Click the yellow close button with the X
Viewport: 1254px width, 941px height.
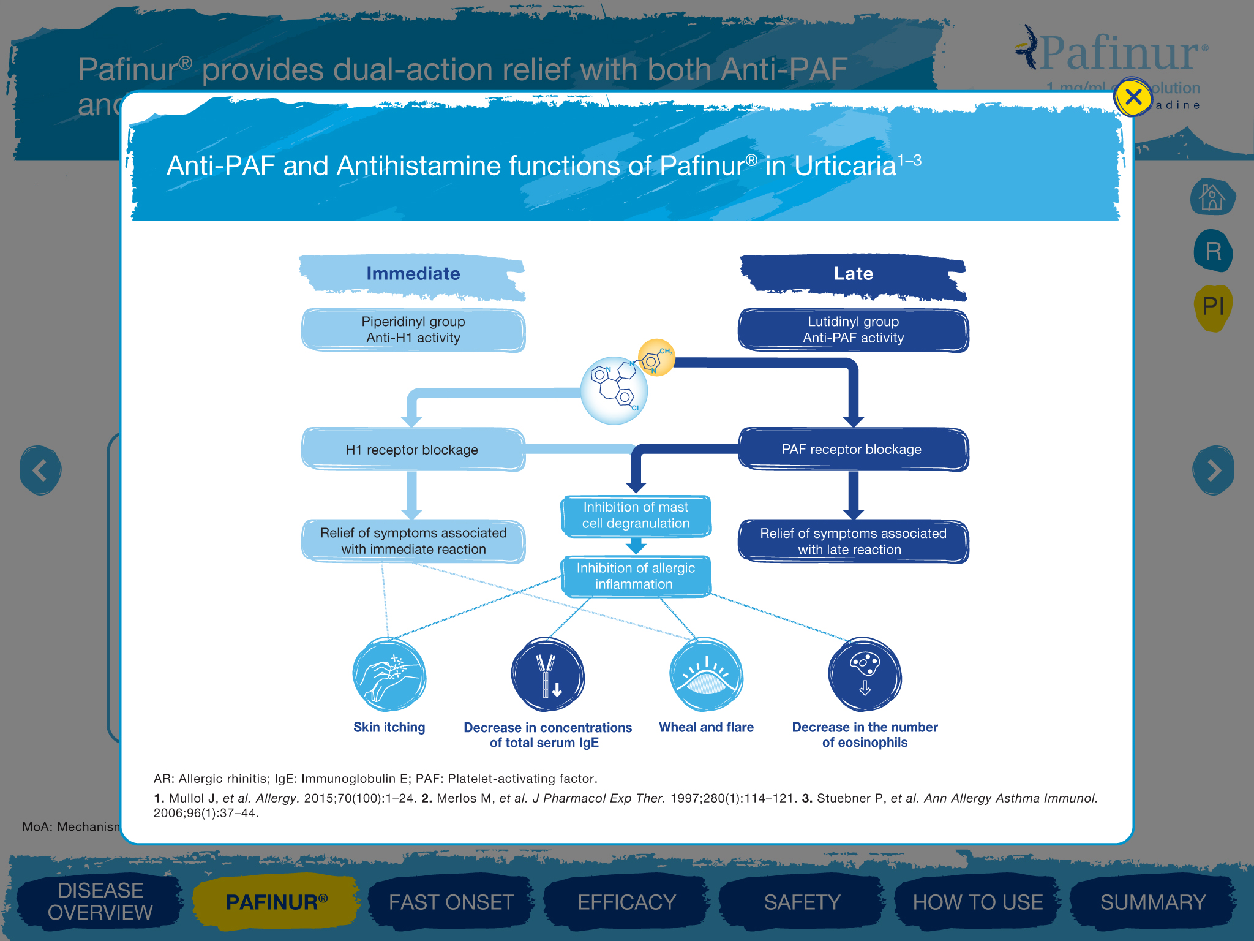coord(1133,97)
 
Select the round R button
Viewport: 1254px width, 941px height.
coord(1213,251)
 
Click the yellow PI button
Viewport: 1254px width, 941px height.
coord(1213,306)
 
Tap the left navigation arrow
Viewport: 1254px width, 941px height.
coord(40,470)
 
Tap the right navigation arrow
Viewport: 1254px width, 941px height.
coord(1213,470)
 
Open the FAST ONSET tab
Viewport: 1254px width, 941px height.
coord(451,902)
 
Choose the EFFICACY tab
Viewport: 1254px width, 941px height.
coord(626,902)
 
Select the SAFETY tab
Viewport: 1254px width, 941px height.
coord(802,902)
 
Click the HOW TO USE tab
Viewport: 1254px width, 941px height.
coord(977,902)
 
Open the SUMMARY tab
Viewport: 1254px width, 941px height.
coord(1152,902)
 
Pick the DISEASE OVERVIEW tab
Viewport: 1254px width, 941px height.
coord(100,901)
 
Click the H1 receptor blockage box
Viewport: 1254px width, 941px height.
coord(413,450)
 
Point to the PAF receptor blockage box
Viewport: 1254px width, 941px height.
coord(852,450)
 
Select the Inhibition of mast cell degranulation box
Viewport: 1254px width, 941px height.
coord(636,515)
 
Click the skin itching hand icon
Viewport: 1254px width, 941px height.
coord(389,675)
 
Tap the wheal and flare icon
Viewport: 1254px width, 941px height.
coord(706,675)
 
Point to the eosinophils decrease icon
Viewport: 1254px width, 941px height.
coord(865,675)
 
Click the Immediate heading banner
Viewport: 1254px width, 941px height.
coord(413,274)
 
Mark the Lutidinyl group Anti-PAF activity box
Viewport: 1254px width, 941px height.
coord(853,330)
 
